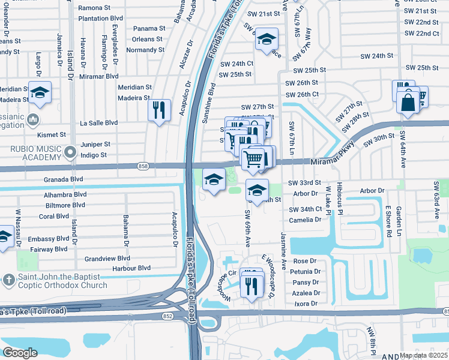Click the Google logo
(x=20, y=353)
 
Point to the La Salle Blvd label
(x=98, y=122)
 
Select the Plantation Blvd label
(x=100, y=18)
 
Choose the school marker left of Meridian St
(x=40, y=93)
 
